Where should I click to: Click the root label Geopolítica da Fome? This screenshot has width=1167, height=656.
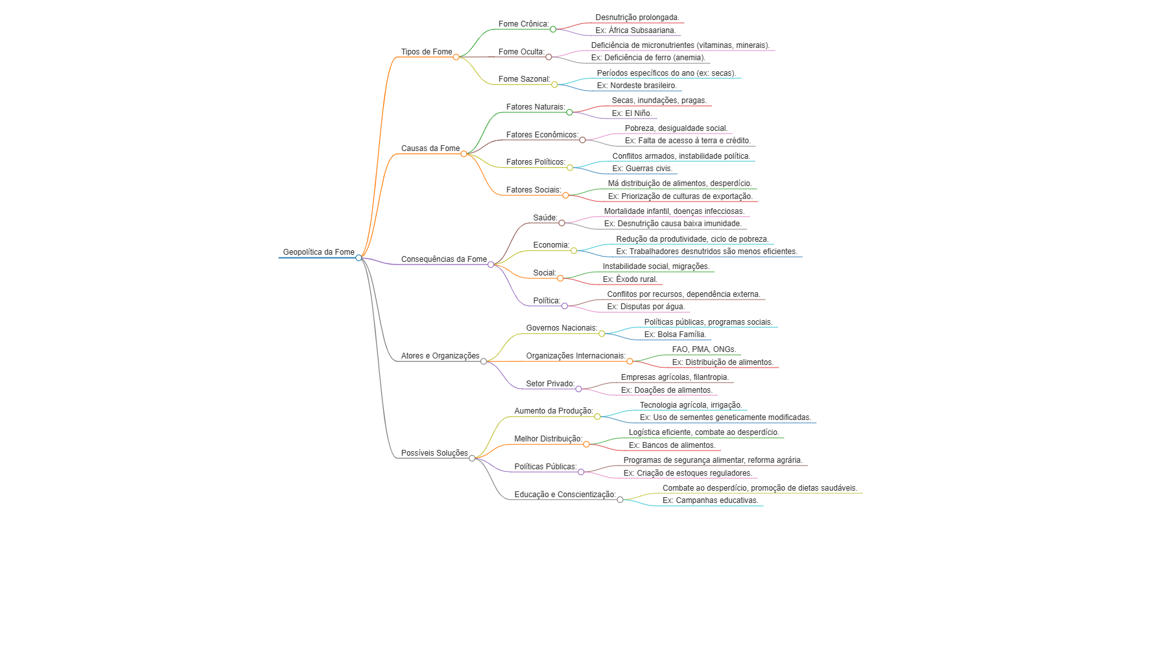click(318, 252)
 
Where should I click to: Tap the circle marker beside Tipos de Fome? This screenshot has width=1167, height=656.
click(456, 57)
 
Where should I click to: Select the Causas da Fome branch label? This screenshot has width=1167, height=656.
click(430, 148)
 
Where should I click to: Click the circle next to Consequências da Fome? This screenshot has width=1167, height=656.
click(491, 264)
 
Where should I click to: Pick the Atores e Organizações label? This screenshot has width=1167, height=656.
click(440, 356)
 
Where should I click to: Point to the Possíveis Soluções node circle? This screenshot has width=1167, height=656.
click(472, 458)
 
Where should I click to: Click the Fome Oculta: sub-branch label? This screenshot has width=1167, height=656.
click(521, 52)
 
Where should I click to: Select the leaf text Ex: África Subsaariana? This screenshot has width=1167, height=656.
click(635, 30)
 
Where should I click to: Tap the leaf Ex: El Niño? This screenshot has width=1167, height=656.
click(632, 113)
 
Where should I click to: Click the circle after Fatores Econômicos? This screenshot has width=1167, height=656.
click(582, 140)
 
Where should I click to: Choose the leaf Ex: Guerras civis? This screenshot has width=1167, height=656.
click(642, 169)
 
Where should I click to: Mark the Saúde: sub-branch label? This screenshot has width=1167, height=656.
click(545, 218)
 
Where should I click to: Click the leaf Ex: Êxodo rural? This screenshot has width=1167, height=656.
click(630, 279)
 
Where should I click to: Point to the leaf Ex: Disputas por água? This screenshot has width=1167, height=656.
click(646, 307)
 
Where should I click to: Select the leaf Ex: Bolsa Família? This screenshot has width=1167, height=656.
click(675, 334)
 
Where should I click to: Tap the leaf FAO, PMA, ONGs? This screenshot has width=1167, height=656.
click(704, 349)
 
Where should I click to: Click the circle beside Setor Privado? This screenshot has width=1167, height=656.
click(578, 389)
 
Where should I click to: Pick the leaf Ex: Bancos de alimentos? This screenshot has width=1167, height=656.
click(672, 445)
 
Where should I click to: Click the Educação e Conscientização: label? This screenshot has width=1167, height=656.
click(565, 495)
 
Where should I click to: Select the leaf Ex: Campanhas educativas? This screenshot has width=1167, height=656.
click(711, 500)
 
